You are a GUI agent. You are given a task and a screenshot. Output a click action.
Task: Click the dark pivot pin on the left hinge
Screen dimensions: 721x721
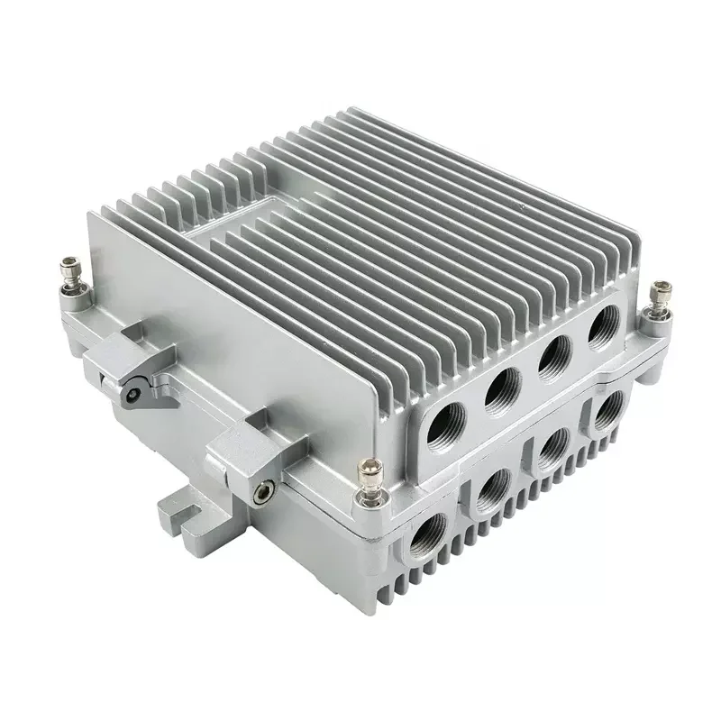point(133,393)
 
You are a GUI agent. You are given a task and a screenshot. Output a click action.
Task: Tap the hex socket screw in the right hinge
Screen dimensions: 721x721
point(262,491)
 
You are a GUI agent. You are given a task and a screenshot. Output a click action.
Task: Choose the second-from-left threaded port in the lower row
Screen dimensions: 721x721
point(492,491)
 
